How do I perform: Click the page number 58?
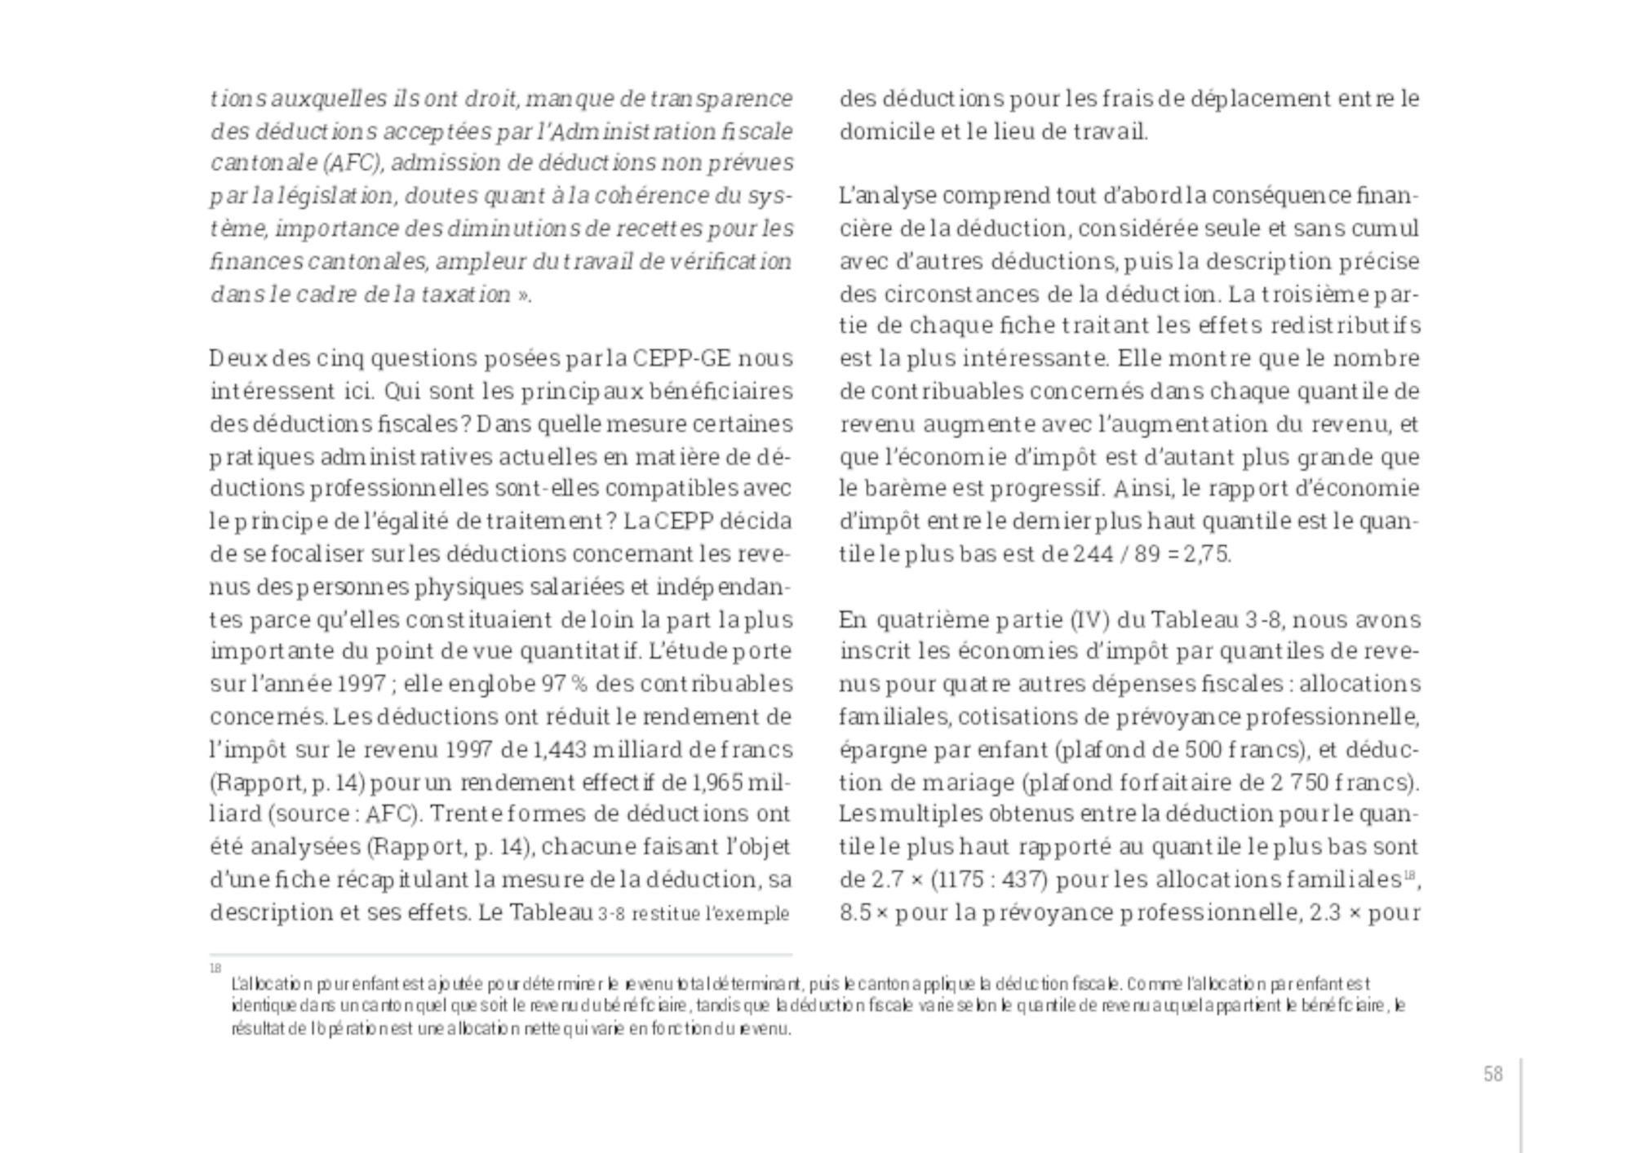[1492, 1075]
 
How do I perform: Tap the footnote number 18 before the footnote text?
[215, 969]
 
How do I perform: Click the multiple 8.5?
[855, 912]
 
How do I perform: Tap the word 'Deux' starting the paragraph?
[237, 358]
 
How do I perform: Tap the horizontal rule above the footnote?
[500, 954]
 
